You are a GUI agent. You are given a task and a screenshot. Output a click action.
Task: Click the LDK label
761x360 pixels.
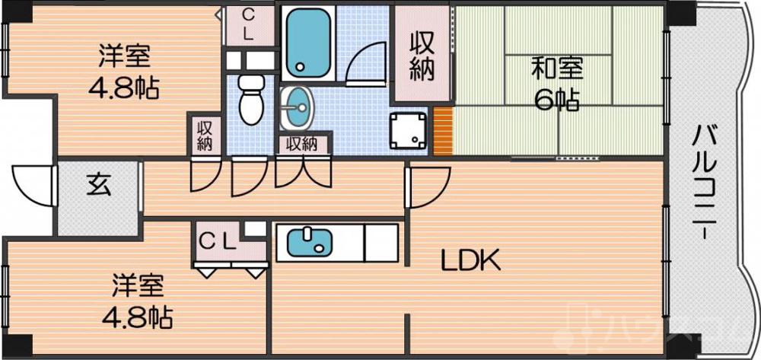471,261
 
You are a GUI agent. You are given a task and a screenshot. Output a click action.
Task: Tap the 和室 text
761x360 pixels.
557,68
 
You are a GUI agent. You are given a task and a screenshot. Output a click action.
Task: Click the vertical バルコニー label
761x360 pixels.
705,183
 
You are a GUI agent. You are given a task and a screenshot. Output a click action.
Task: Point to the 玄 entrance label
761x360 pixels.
97,185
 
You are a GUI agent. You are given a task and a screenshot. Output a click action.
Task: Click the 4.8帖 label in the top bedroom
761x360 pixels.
124,88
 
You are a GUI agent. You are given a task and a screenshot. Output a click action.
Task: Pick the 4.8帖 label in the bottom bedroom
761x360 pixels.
137,314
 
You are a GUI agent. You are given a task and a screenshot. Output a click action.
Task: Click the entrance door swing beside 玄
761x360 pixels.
30,185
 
